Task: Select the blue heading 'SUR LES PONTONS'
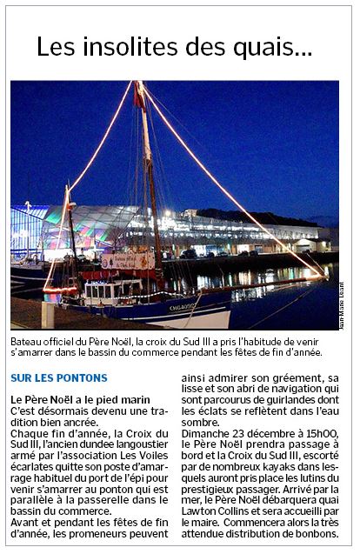[x=59, y=378]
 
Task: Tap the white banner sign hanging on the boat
[x=128, y=260]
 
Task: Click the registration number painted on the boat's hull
[x=183, y=306]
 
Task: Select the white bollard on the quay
[x=48, y=315]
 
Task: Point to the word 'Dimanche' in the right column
[x=207, y=432]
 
